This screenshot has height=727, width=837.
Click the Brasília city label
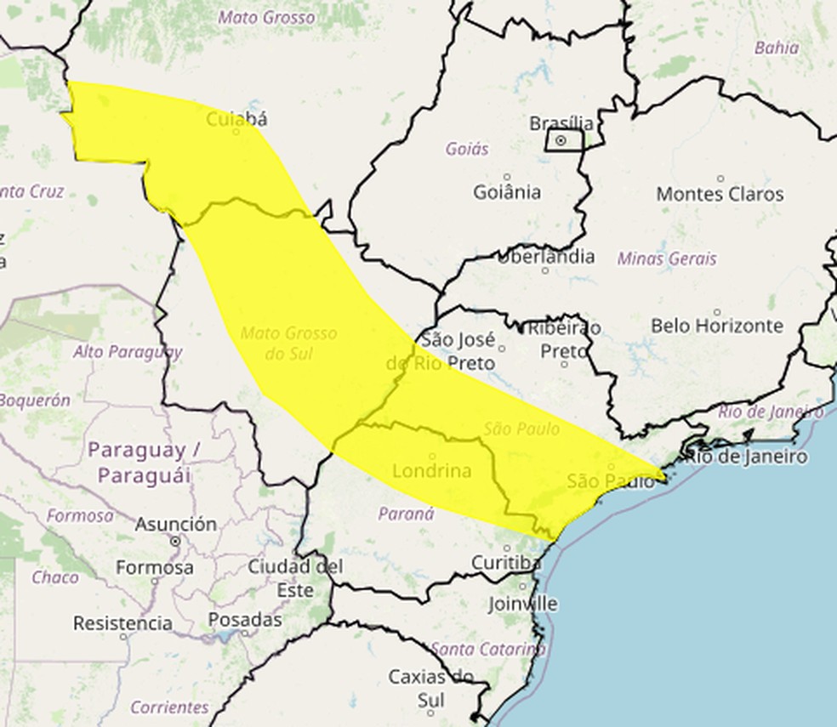tap(561, 123)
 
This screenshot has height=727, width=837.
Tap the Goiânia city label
tap(507, 192)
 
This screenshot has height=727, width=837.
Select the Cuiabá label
tap(236, 119)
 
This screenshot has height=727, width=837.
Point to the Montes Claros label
tap(720, 194)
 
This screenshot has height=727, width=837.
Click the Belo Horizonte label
tap(716, 326)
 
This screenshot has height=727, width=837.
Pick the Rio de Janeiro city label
tap(746, 457)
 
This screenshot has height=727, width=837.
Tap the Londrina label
tap(432, 470)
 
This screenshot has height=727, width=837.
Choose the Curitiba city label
tap(506, 563)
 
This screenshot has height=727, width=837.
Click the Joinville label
tap(523, 604)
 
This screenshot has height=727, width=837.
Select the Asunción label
tap(175, 525)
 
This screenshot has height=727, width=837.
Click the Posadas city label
tap(245, 620)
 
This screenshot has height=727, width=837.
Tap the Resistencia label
tap(122, 623)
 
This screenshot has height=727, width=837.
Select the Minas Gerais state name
tap(667, 258)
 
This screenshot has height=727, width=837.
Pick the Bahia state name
tap(776, 48)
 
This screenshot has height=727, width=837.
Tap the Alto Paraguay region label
tap(128, 351)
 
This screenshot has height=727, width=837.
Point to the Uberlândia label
tap(545, 257)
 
